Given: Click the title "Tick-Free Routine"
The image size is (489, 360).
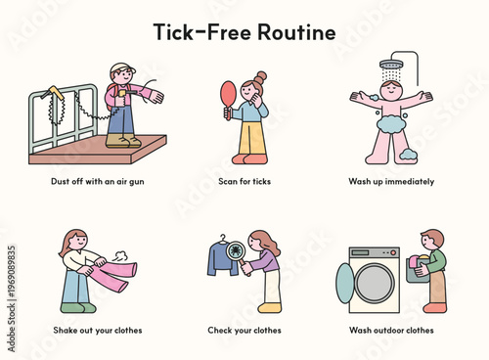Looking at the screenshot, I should (244, 31).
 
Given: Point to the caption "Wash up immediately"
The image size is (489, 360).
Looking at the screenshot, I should (391, 181).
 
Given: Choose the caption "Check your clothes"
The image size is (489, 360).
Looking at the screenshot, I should (244, 330).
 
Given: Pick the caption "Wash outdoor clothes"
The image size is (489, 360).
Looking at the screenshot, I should (391, 330).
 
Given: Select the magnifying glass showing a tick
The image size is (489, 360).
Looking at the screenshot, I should (236, 257).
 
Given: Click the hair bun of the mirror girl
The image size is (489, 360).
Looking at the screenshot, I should (260, 76).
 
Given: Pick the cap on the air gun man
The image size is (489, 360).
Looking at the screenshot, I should (120, 69).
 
